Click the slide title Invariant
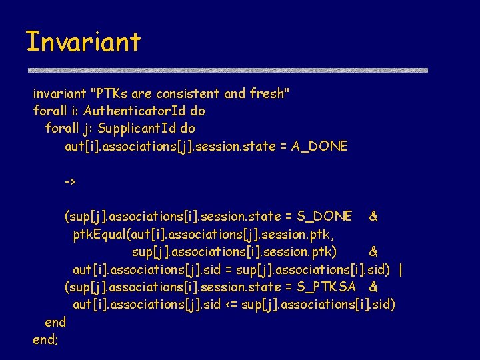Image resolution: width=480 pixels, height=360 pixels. pyautogui.click(x=83, y=41)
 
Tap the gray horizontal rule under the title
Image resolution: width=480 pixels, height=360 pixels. pyautogui.click(x=227, y=69)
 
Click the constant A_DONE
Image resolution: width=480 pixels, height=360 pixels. pyautogui.click(x=319, y=146)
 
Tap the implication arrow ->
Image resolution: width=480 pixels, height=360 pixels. pyautogui.click(x=70, y=181)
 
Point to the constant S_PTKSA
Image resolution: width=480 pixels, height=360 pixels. pyautogui.click(x=331, y=287)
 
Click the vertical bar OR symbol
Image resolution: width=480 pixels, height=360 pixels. pyautogui.click(x=400, y=269)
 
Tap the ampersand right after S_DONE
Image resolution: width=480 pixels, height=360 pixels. pyautogui.click(x=373, y=216)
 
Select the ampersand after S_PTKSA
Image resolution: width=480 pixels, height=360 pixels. pyautogui.click(x=373, y=287)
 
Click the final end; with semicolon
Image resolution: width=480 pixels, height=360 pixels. pyautogui.click(x=45, y=340)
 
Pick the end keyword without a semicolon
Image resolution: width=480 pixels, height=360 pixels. pyautogui.click(x=55, y=323)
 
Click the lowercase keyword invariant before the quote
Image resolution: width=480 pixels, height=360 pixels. pyautogui.click(x=59, y=93)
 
